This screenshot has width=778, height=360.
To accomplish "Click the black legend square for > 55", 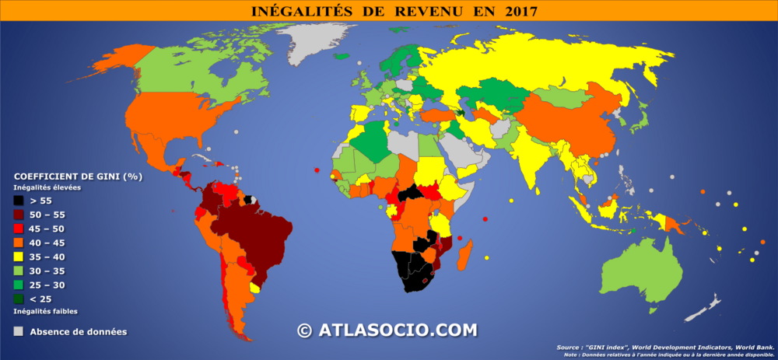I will [x=18, y=201].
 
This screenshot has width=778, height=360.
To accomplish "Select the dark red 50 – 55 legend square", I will [x=18, y=215].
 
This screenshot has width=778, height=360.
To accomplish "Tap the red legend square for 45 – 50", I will [x=18, y=229].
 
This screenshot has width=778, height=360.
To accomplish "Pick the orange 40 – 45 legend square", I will [x=18, y=243].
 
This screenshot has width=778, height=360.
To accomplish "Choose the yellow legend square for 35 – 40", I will [x=18, y=257].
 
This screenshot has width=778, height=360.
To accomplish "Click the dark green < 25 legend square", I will [x=18, y=299].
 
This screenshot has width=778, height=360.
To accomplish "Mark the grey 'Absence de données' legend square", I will [x=18, y=331].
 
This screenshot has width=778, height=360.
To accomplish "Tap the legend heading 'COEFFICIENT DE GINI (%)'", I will [x=78, y=177].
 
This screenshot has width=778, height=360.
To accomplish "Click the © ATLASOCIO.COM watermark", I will [x=387, y=330].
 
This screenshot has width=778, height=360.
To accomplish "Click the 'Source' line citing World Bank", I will [x=665, y=348].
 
